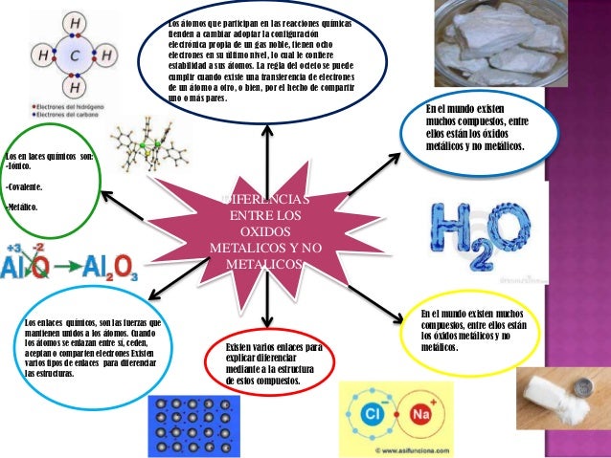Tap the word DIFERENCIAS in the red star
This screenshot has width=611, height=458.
coord(265,200)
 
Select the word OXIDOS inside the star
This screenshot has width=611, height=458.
coord(265,232)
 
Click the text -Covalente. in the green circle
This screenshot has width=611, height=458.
coord(27,185)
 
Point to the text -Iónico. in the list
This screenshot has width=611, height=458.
coord(20,165)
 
